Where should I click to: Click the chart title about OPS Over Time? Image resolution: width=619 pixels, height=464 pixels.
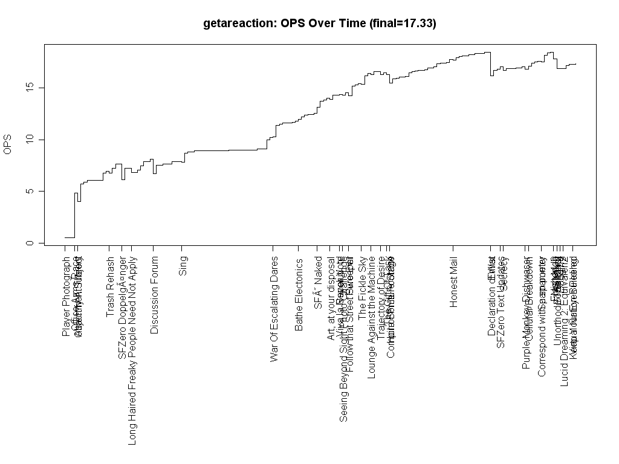coord(320,24)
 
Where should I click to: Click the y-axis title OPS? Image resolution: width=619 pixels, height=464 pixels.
coord(8,144)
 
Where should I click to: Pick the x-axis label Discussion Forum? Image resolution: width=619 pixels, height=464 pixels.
coord(155,295)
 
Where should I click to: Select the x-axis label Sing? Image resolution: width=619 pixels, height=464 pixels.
coord(183,266)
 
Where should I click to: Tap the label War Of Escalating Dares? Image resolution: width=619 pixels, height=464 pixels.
coord(274,309)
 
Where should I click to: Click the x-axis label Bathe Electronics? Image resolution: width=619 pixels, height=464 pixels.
coord(299,294)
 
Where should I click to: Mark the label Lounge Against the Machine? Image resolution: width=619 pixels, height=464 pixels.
coord(371,318)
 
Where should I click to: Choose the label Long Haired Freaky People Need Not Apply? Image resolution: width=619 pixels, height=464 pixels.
coord(132,351)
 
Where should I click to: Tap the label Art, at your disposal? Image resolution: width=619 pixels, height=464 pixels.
coord(331,298)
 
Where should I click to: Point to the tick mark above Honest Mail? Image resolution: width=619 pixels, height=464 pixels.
coord(453,248)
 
